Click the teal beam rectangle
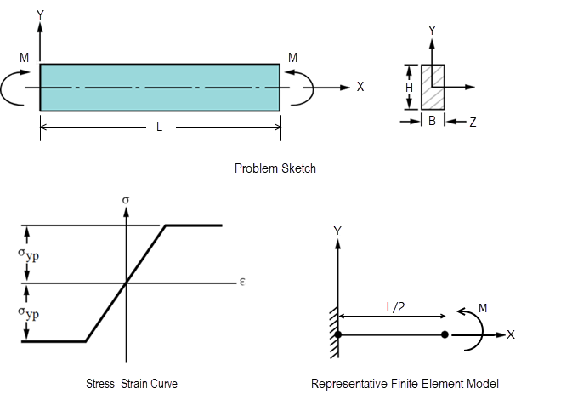tap(160, 87)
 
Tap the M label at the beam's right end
tap(293, 58)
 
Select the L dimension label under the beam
tap(159, 127)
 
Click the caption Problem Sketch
tap(275, 168)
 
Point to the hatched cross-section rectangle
tap(433, 87)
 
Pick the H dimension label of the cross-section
tap(409, 87)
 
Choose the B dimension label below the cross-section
tap(432, 122)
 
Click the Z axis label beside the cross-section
tap(473, 123)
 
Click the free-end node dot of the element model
tap(445, 334)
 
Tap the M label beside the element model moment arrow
tap(483, 305)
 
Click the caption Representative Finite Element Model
tap(405, 384)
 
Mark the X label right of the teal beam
tap(360, 87)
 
